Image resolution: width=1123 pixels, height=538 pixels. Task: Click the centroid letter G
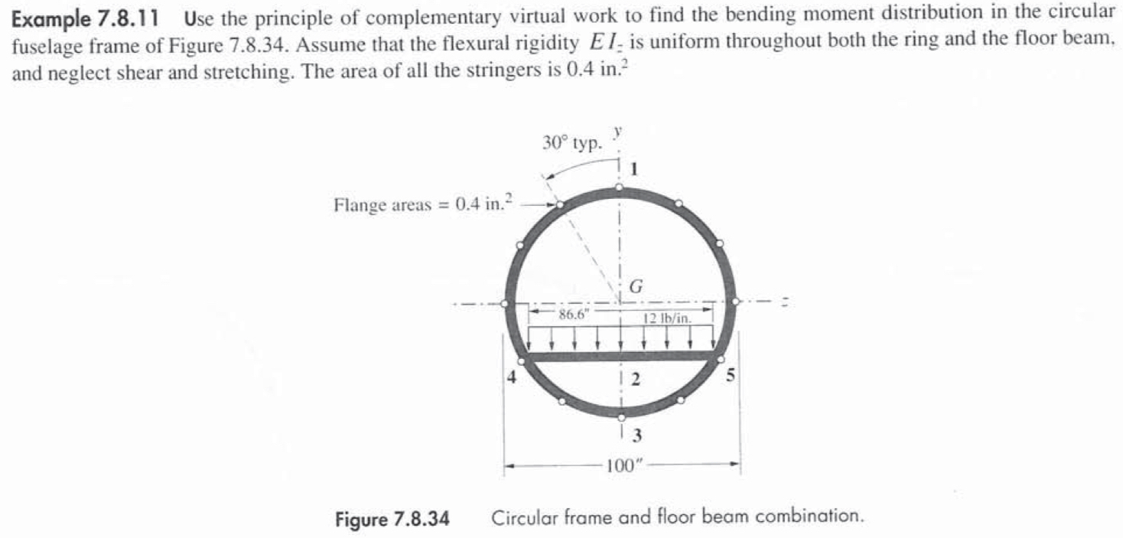(x=635, y=286)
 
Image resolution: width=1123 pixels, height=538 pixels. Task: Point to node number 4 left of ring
(x=510, y=377)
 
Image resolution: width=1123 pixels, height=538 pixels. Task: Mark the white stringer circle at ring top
(x=620, y=188)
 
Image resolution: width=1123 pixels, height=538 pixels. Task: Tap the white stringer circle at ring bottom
(x=621, y=417)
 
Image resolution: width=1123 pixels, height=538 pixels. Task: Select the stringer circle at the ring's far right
(x=735, y=302)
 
